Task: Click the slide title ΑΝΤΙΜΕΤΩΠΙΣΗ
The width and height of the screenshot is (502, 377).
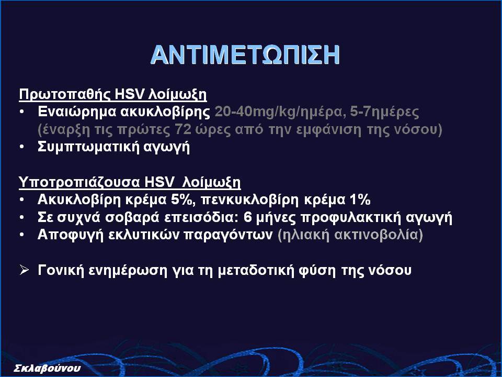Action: (x=245, y=55)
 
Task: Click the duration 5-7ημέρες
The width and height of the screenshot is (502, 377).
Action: (x=384, y=112)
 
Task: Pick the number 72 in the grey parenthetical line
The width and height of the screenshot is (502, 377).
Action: (x=183, y=129)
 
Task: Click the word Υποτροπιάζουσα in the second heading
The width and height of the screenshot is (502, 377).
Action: (x=79, y=182)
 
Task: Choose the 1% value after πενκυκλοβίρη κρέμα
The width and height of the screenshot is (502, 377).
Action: (x=360, y=199)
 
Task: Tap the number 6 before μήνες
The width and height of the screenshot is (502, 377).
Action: (x=248, y=217)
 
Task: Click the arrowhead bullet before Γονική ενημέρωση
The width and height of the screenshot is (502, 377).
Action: (x=24, y=270)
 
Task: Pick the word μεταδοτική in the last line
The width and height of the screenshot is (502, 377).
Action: (x=256, y=270)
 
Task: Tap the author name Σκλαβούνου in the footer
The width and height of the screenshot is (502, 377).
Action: (x=47, y=368)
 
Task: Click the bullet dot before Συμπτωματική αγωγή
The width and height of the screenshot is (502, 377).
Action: (x=21, y=147)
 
